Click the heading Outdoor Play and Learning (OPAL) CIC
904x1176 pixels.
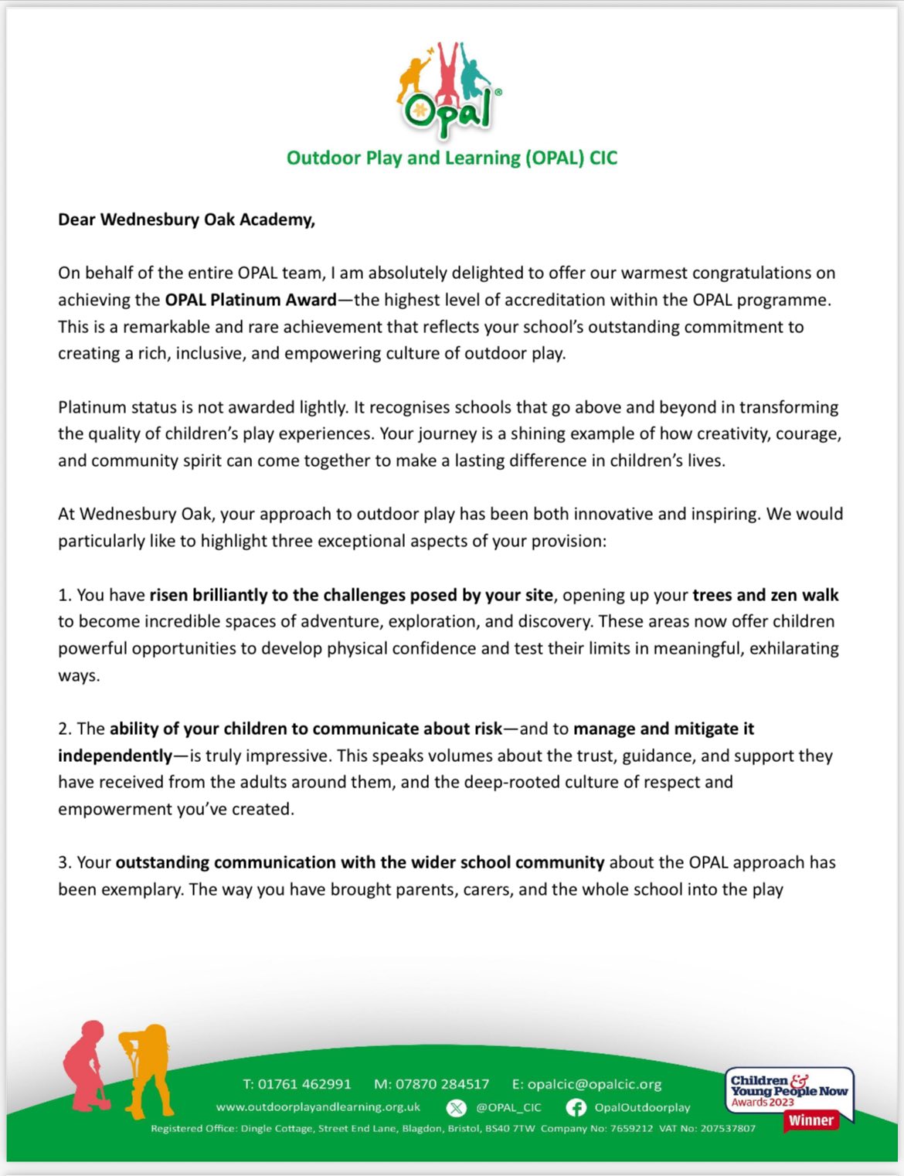point(452,158)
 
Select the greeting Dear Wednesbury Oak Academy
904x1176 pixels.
point(186,219)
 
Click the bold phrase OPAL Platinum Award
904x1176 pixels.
point(250,300)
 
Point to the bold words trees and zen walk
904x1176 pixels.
point(765,595)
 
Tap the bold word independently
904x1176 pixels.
point(115,756)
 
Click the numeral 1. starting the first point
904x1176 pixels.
point(65,595)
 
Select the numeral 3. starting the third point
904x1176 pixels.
point(65,862)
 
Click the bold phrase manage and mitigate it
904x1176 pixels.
point(664,729)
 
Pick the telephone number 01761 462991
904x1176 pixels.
point(304,1084)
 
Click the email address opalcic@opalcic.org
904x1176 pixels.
point(594,1084)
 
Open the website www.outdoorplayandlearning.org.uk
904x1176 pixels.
point(318,1107)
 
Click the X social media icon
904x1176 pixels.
point(457,1108)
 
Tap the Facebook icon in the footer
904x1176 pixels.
point(576,1108)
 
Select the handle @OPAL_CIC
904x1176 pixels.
point(508,1108)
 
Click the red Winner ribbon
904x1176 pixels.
point(811,1120)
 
